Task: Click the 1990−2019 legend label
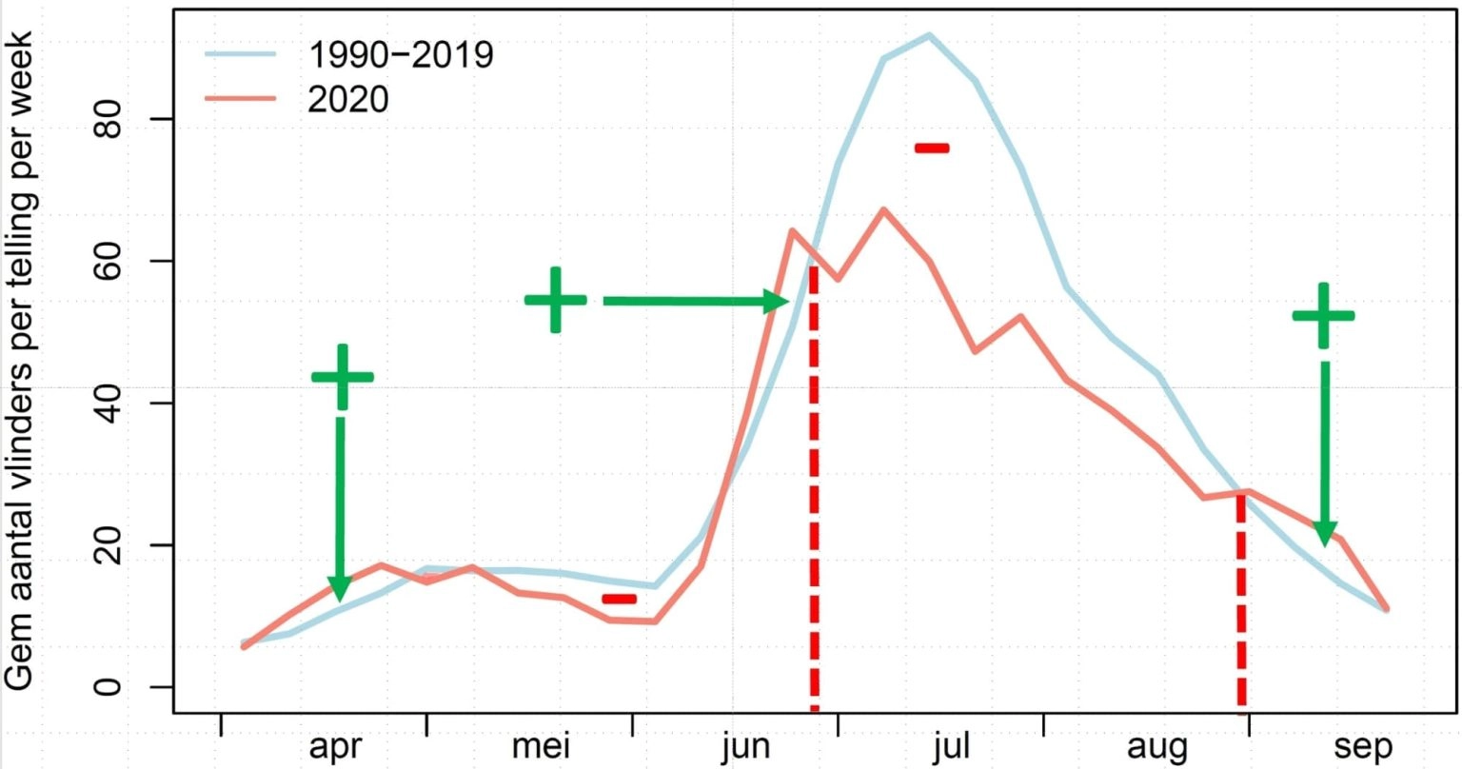pos(400,54)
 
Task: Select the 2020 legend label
pos(348,99)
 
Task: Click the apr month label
pos(335,746)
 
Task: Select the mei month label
pos(541,746)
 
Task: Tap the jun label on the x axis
pos(745,746)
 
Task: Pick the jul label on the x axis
pos(951,746)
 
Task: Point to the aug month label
pos(1156,746)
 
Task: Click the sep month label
pos(1362,746)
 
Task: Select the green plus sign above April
pos(343,377)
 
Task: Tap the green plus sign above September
pos(1323,315)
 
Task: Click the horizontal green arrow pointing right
pos(695,301)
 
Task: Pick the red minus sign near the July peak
pos(932,148)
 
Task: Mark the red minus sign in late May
pos(619,599)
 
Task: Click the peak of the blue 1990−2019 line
pos(929,35)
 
